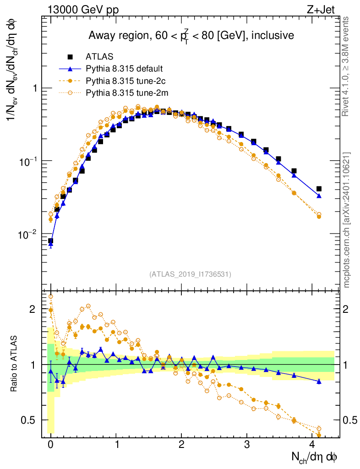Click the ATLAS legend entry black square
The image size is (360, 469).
tap(70, 57)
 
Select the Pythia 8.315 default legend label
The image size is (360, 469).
tap(125, 69)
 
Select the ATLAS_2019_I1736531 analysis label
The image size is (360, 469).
tap(190, 274)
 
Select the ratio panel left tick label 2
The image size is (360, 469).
tap(32, 309)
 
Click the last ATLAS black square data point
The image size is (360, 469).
tap(319, 189)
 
